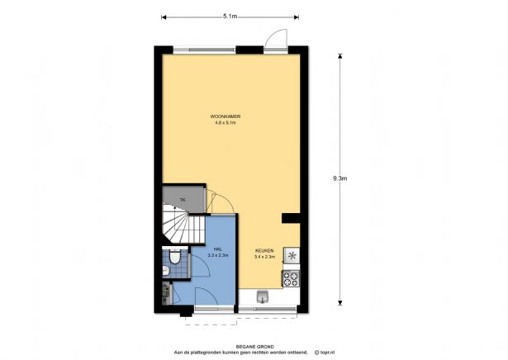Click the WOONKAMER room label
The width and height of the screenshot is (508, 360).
(x=226, y=116)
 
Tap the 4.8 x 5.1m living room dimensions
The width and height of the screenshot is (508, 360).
(x=226, y=123)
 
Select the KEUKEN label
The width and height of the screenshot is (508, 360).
(x=264, y=250)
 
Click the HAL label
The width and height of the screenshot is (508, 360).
(x=218, y=249)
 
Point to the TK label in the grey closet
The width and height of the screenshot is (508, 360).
(x=183, y=200)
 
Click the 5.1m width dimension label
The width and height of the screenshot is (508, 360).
(x=230, y=17)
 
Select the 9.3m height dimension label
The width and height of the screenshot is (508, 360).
(x=340, y=178)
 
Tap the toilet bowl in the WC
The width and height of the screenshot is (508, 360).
(x=175, y=258)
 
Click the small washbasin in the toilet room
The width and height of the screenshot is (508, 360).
(x=165, y=270)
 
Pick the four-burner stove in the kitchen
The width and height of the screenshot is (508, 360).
(x=291, y=279)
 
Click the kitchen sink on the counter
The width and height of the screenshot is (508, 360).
(x=263, y=296)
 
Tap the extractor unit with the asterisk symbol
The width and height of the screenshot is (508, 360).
(x=292, y=256)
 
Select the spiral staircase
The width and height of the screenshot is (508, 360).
(x=183, y=224)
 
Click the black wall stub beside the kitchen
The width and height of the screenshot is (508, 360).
(x=291, y=218)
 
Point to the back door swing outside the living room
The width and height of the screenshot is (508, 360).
(x=277, y=39)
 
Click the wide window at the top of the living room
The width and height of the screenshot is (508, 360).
(x=204, y=50)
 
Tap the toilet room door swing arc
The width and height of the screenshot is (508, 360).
(x=201, y=266)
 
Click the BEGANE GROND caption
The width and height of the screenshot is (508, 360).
(x=255, y=347)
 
